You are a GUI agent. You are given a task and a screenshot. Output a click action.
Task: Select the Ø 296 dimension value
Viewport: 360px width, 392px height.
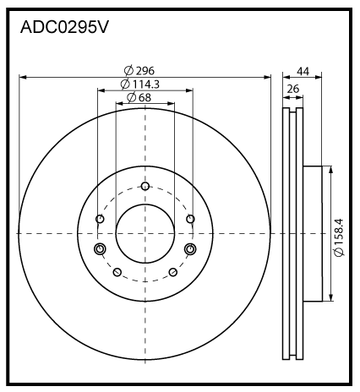(144, 71)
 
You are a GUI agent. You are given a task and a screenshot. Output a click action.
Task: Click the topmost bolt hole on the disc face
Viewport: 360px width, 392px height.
(145, 187)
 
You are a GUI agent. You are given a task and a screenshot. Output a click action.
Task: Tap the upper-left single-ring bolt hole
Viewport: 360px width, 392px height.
(101, 220)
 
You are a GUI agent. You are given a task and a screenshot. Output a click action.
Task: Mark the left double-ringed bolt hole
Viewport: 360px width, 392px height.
(101, 248)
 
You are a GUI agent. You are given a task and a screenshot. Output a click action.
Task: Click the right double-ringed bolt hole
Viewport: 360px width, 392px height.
(189, 248)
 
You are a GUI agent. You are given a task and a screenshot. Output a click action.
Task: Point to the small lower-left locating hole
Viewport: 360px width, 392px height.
(117, 272)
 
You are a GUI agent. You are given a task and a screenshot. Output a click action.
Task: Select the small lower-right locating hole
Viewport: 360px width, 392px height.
(172, 272)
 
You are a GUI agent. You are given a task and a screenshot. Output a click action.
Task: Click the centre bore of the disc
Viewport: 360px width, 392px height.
(145, 232)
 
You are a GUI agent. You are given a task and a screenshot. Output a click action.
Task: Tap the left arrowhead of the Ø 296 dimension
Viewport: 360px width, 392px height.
(22, 77)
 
